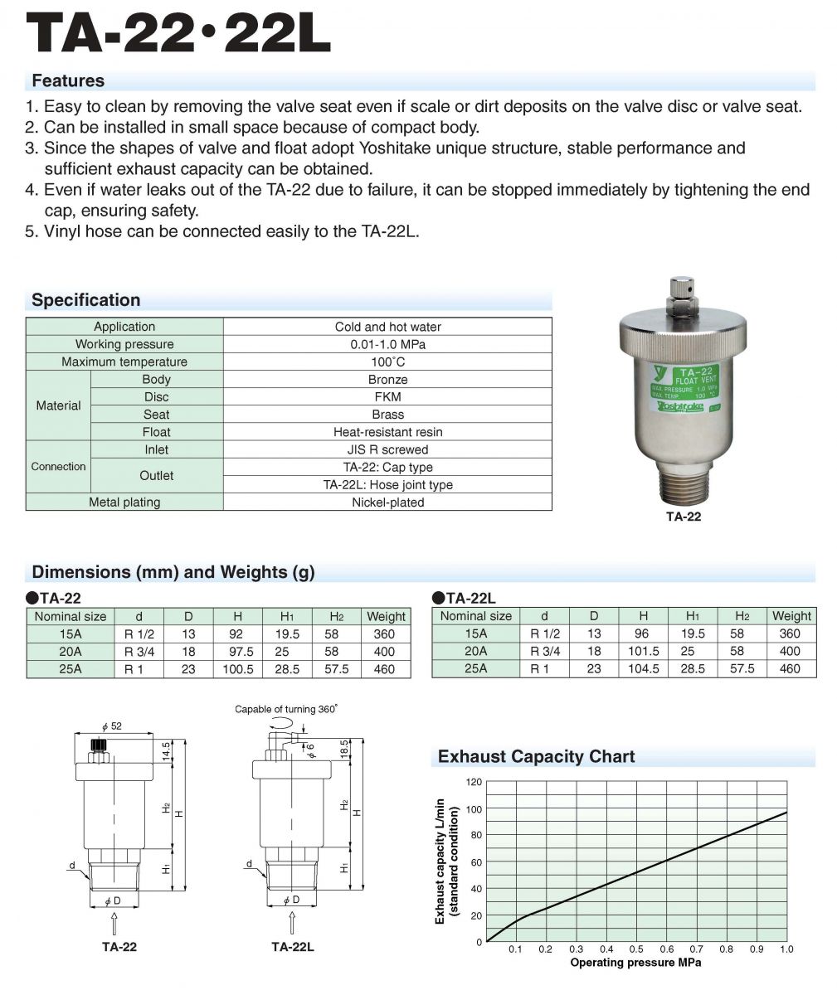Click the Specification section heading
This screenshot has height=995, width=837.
click(x=86, y=300)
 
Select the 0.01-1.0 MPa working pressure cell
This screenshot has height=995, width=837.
click(x=387, y=344)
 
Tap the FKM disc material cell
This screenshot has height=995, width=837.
click(x=387, y=396)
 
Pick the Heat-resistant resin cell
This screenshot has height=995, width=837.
click(x=387, y=432)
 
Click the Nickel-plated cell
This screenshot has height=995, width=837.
click(x=387, y=502)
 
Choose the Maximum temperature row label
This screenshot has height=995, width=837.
click(x=124, y=362)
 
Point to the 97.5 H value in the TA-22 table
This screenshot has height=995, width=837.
click(x=237, y=652)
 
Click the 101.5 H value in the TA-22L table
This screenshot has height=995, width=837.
click(x=644, y=652)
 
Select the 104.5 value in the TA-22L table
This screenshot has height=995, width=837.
click(x=644, y=669)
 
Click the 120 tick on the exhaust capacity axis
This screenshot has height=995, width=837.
click(x=474, y=782)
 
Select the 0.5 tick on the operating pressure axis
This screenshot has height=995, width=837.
click(x=636, y=949)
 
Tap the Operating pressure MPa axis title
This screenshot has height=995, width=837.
click(x=635, y=963)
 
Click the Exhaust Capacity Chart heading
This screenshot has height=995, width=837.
click(x=536, y=757)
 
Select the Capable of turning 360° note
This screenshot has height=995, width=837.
click(x=286, y=710)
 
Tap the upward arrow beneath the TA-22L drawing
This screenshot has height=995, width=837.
click(x=291, y=922)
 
